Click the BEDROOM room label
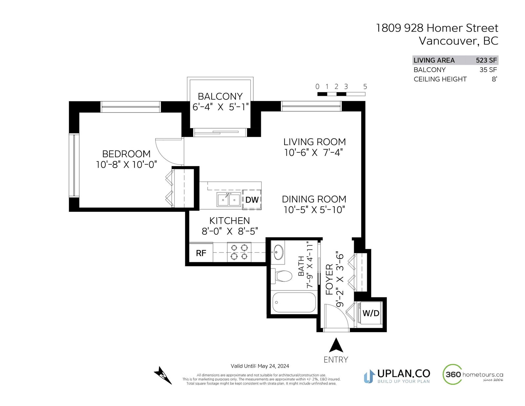pos(126,154)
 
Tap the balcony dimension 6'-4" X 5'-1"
pos(220,107)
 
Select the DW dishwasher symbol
pos(252,200)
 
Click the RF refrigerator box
pos(201,253)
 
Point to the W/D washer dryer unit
pos(370,313)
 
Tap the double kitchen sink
pos(229,200)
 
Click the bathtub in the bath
pos(294,302)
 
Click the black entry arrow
pos(336,345)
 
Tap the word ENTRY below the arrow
pos(336,360)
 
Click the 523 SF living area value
pos(486,60)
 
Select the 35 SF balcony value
pos(488,70)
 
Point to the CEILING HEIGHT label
pos(440,79)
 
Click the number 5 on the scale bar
pos(365,87)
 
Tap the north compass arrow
pos(163,375)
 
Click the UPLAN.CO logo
pos(397,376)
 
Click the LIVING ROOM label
pos(315,142)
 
